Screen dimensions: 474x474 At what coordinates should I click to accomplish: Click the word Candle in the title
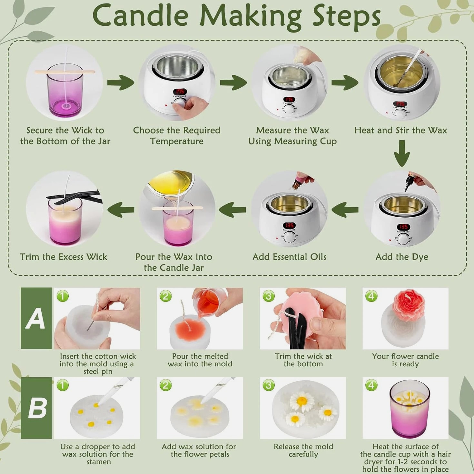141,15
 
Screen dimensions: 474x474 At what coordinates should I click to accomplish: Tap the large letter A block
36,318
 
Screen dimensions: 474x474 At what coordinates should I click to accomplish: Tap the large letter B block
36,408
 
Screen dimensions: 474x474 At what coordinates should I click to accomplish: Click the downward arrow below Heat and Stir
402,153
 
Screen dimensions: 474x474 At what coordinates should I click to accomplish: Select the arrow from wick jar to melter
121,82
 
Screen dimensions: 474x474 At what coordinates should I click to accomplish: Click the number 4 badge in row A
371,296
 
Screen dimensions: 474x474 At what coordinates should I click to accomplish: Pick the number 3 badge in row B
268,385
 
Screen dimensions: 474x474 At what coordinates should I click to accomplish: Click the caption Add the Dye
402,257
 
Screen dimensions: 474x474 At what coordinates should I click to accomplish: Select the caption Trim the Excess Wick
64,257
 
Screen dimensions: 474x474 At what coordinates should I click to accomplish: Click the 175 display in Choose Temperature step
180,91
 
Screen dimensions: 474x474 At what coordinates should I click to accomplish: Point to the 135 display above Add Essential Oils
289,225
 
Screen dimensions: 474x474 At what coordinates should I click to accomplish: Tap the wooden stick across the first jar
64,72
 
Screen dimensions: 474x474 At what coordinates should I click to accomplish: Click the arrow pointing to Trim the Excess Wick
121,210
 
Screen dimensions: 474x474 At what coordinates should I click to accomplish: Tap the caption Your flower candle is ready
405,360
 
